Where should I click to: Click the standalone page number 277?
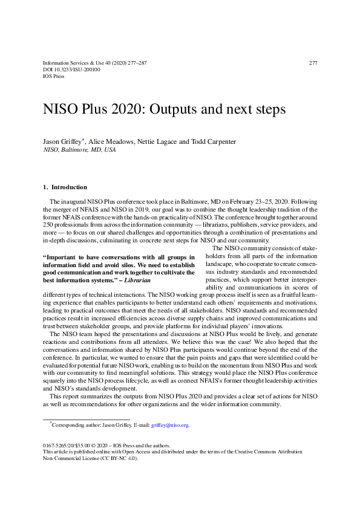313,63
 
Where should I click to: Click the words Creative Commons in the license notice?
264,452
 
